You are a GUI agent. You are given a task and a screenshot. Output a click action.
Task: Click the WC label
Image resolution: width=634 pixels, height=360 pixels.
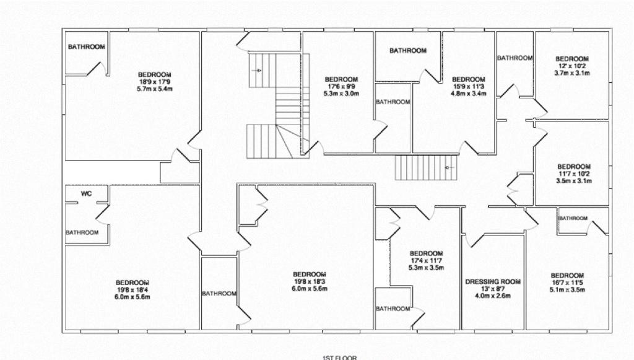pos(87,194)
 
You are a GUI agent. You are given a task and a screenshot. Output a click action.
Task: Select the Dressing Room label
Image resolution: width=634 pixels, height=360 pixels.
pos(493,282)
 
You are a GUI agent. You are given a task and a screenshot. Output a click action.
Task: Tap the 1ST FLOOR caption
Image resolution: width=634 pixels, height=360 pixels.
pos(340,358)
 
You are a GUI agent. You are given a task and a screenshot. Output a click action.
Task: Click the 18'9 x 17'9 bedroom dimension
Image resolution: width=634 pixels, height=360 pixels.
pos(155,81)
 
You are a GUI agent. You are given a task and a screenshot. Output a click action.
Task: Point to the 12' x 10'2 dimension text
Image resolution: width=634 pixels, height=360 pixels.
pos(571,66)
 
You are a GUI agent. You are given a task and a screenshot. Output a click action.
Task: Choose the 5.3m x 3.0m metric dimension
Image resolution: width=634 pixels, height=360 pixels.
pos(341,94)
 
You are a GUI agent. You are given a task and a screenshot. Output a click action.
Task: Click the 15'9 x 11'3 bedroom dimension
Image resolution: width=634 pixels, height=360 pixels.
pos(469,86)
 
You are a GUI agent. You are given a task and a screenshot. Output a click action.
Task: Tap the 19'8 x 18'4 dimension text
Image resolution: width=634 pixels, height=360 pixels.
pos(132,289)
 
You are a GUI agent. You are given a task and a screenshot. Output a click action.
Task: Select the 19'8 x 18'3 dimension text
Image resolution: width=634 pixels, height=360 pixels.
pos(310,281)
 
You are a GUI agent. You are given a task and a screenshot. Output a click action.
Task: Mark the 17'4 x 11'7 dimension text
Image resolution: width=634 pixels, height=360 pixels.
pos(426,260)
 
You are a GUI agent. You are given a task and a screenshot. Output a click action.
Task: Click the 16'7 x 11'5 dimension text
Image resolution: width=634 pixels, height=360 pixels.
pos(567,283)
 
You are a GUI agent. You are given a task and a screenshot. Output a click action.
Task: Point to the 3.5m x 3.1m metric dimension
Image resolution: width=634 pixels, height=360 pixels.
pos(574,181)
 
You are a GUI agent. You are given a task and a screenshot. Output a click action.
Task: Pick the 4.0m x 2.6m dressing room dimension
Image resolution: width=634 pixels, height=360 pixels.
pos(492,296)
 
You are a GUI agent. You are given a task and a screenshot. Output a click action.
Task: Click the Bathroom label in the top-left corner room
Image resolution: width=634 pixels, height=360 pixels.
pos(87,47)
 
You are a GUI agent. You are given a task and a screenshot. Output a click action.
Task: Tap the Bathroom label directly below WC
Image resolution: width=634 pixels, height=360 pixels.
pos(82,232)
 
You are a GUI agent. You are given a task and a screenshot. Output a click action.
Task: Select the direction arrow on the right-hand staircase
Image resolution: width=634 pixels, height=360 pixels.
pos(449,167)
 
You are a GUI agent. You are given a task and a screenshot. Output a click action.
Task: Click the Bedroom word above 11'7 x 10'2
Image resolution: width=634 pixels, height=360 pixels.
pos(574,167)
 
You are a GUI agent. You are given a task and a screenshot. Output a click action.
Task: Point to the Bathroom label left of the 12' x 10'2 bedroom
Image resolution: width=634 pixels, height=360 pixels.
pos(515,58)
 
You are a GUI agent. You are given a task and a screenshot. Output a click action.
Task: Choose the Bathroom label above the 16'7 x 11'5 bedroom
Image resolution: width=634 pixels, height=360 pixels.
pos(573,219)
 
